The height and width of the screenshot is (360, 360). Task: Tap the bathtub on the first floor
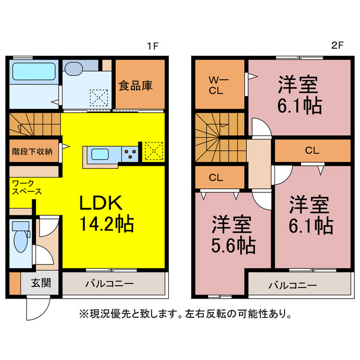point(33,72)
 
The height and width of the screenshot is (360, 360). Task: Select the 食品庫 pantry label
point(136,85)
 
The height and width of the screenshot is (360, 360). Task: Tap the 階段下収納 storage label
point(33,151)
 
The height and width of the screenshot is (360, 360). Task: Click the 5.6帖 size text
point(233,245)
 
